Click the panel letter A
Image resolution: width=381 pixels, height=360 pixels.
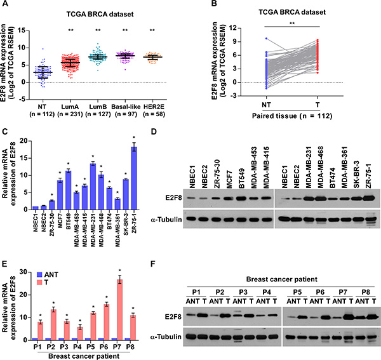click(5, 6)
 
